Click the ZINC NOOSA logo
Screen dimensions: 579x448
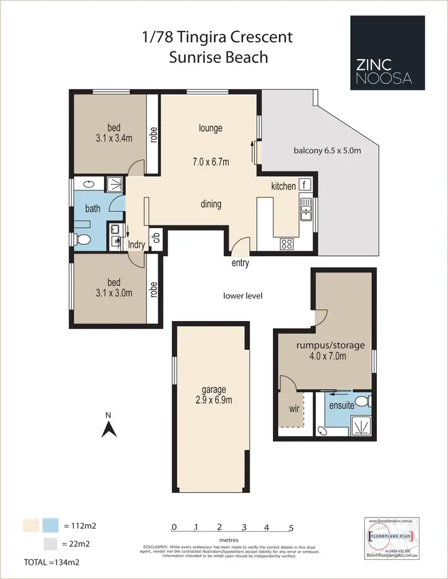pos(388,52)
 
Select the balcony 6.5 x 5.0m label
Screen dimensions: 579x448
pos(327,150)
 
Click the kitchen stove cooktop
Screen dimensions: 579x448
pos(286,244)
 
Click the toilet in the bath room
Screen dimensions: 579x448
pos(83,239)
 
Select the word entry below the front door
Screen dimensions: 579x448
pos(240,263)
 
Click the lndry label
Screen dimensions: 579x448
pos(137,245)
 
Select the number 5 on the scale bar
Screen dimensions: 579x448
pos(291,527)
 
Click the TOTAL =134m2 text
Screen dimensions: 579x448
pos(51,562)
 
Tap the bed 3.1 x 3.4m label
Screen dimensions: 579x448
pos(113,133)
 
